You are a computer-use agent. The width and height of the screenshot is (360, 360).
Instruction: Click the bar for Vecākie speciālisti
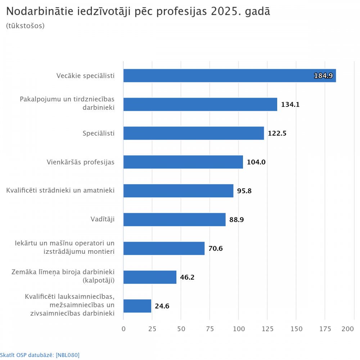pos(230,76)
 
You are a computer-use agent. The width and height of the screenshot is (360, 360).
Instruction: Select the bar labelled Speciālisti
pos(194,133)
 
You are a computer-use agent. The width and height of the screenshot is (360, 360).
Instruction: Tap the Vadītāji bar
pos(175,220)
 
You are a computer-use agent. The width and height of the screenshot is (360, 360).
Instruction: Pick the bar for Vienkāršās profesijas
pos(183,162)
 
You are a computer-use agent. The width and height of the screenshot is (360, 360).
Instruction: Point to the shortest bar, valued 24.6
pos(137,306)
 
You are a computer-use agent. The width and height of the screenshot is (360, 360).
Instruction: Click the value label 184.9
pos(323,76)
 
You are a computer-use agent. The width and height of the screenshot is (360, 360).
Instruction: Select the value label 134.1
pos(290,104)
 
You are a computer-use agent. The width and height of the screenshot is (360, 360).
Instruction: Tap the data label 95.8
pos(244,191)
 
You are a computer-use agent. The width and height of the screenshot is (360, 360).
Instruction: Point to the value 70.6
pos(216,248)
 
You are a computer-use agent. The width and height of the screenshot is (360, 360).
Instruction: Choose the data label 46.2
pos(187,277)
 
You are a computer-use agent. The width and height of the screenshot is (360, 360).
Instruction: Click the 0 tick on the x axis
pos(123,329)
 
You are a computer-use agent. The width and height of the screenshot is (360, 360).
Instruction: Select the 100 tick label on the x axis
pos(239,329)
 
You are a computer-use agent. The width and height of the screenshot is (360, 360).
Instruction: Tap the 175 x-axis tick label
pos(325,329)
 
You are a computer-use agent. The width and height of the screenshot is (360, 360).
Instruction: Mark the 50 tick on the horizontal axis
pos(181,329)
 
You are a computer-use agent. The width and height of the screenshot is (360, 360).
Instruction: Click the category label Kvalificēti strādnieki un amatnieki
pos(60,190)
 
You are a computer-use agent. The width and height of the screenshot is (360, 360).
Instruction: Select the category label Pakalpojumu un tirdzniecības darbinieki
pos(67,103)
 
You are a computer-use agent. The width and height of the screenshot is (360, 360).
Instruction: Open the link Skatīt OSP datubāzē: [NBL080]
pos(40,355)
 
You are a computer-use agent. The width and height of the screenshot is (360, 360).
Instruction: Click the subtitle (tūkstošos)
pos(25,26)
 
